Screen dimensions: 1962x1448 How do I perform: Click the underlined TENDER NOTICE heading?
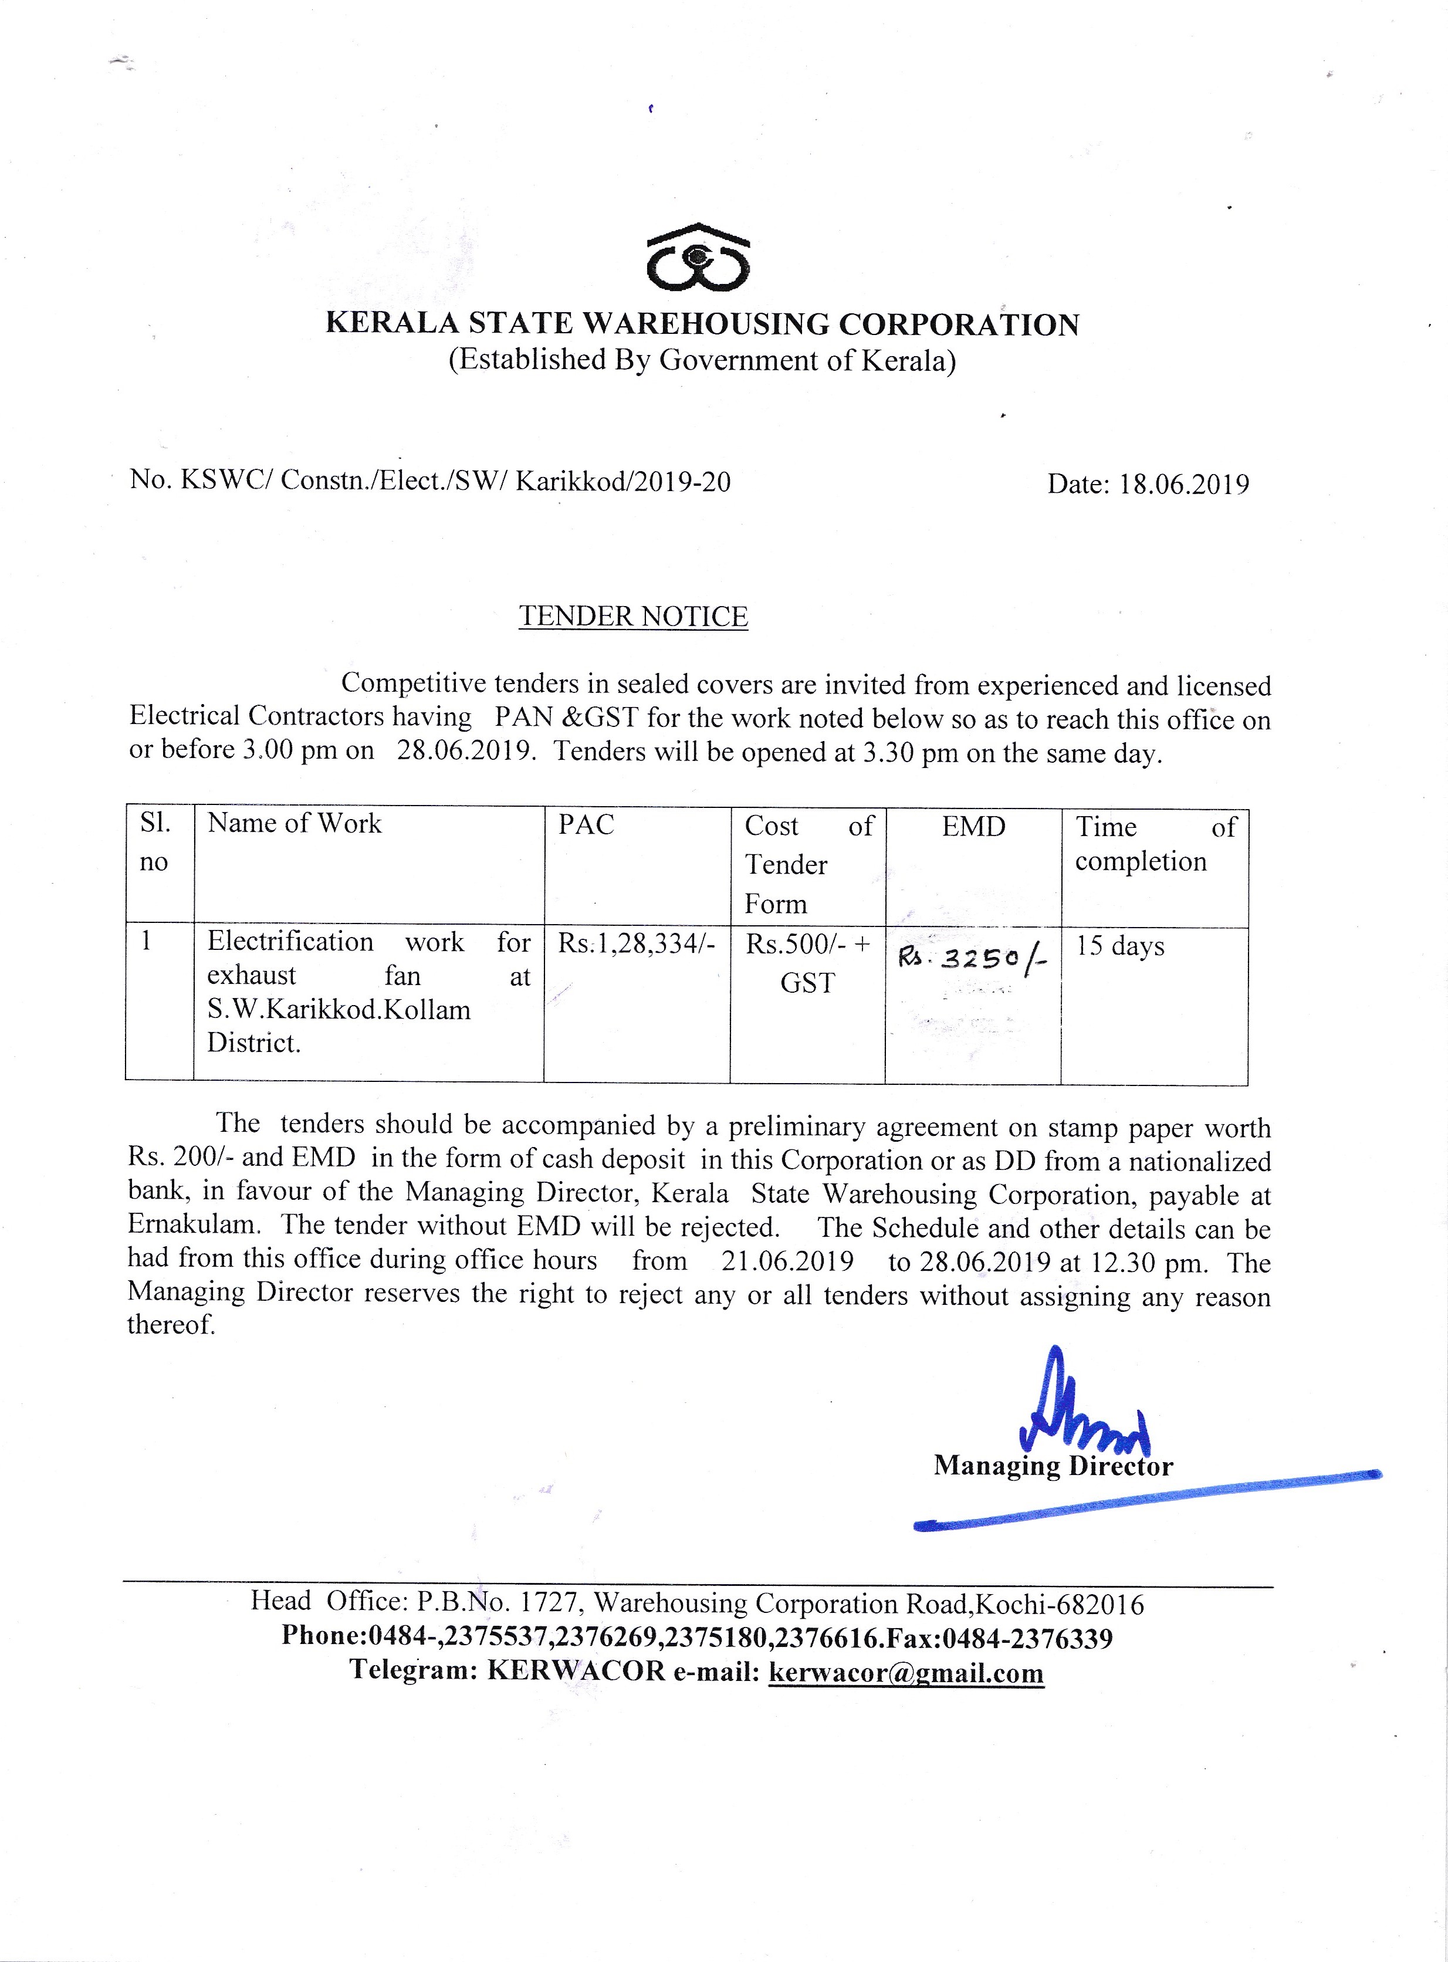pos(633,617)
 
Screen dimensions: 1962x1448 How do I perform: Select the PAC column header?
pos(586,824)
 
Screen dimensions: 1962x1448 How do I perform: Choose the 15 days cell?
pos(1119,946)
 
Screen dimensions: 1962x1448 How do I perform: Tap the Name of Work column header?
pos(295,824)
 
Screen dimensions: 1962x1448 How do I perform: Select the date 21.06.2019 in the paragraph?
pos(787,1261)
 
